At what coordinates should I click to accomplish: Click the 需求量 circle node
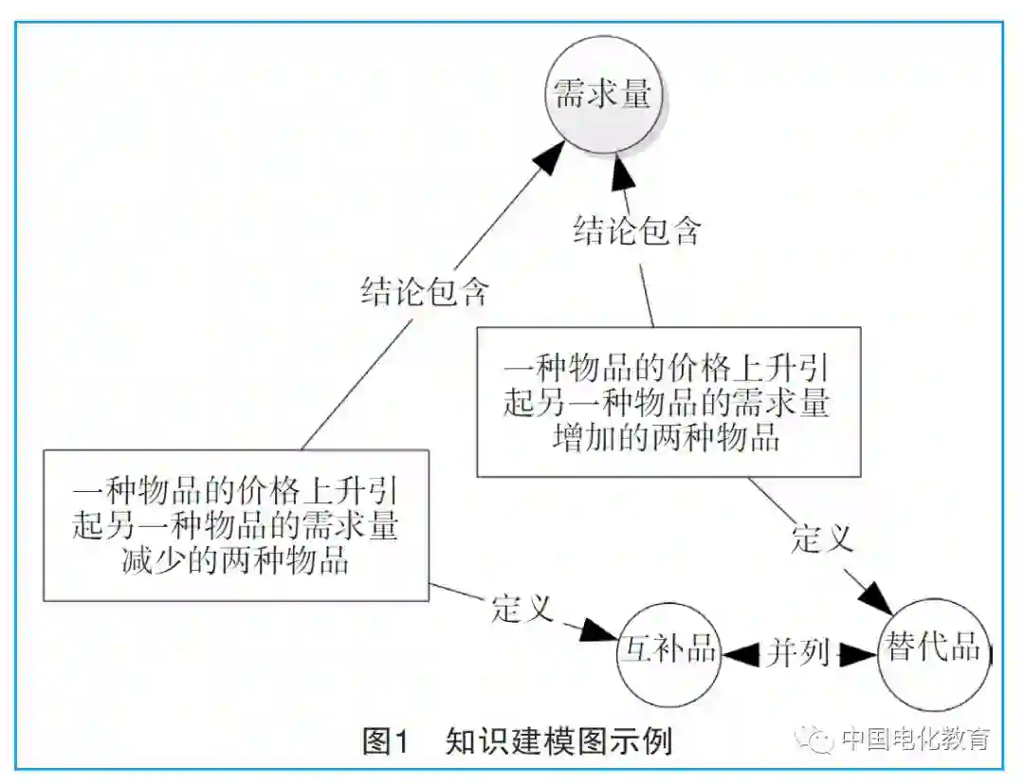tap(602, 95)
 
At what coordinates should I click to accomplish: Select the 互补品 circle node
tap(667, 652)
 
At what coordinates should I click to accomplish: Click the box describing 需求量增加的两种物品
tap(668, 401)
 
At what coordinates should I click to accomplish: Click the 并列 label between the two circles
tap(798, 652)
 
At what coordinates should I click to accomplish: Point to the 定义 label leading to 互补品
tap(521, 608)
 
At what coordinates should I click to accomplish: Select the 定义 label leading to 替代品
tap(822, 538)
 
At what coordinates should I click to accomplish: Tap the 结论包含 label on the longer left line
tap(424, 291)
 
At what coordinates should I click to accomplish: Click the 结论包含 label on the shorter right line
tap(636, 230)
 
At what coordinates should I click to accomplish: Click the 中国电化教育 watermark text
tap(915, 738)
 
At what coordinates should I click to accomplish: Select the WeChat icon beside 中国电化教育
tap(816, 738)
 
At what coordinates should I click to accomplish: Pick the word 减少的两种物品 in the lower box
tap(235, 560)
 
